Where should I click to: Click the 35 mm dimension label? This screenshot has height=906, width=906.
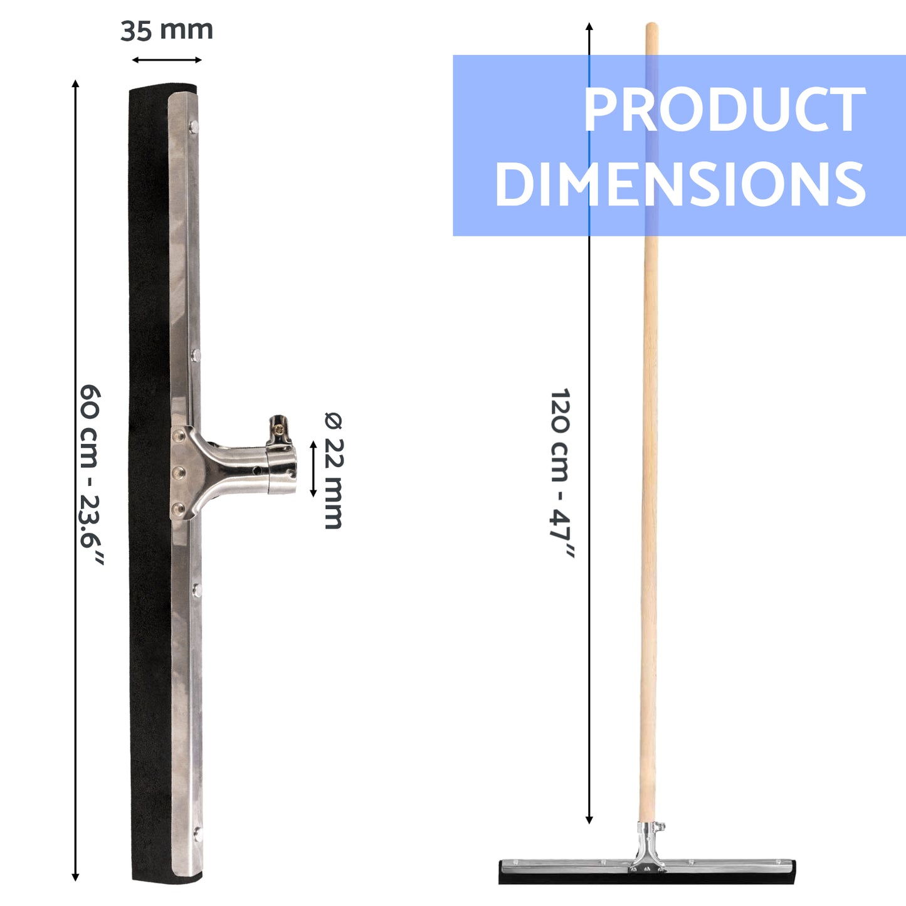coord(166,31)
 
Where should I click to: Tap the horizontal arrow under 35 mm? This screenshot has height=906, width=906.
coord(167,60)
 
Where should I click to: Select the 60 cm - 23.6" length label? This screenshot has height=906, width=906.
coord(90,475)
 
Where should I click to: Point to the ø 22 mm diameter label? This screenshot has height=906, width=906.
coord(334,470)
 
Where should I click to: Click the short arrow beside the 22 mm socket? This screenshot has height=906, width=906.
coord(313,469)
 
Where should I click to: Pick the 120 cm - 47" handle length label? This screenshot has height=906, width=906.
coord(561,473)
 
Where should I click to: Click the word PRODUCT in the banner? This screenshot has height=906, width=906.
coord(724,110)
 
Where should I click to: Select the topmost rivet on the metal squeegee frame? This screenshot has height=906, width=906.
coord(194,126)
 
